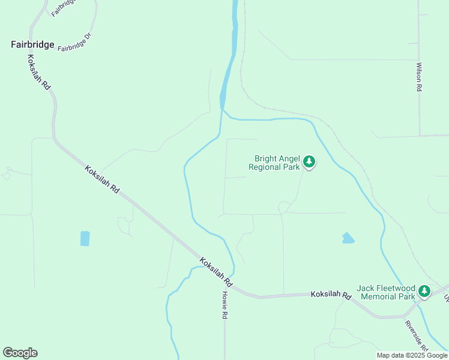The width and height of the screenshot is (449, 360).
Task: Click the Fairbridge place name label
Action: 32,44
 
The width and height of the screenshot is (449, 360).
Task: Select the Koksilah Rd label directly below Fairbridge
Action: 38,72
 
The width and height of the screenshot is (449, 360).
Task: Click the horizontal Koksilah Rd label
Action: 331,295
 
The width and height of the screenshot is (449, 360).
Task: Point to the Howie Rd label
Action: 225,305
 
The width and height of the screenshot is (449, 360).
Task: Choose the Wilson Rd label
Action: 419,76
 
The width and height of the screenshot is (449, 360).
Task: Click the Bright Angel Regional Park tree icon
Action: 309,161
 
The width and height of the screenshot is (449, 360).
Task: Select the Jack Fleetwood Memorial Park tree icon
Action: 424,291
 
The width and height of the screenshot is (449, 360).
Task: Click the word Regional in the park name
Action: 265,167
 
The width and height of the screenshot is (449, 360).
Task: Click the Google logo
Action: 20,353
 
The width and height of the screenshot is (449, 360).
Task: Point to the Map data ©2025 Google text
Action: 412,355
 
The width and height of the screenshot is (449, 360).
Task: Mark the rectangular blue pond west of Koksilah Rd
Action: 85,238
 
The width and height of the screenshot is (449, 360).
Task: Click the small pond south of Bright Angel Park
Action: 348,238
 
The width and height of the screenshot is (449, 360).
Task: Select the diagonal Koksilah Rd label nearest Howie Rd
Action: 215,271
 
